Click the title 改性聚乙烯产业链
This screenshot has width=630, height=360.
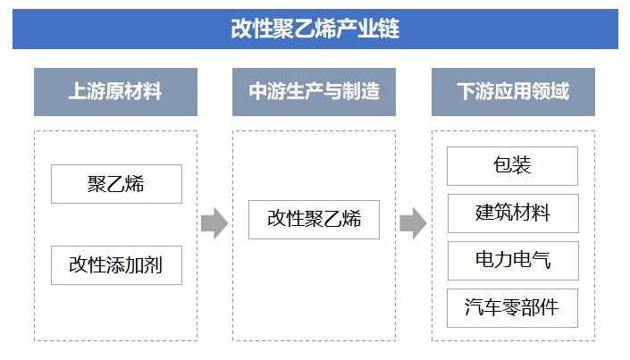(x=315, y=29)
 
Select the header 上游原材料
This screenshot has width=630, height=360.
(x=115, y=91)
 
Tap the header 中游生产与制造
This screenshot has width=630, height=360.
(x=314, y=91)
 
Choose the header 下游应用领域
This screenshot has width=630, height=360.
(x=512, y=91)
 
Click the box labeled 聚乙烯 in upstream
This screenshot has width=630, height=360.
(x=116, y=184)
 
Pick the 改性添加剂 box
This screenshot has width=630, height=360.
(x=116, y=265)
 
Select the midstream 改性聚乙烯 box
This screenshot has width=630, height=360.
(x=314, y=220)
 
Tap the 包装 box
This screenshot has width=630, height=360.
(x=512, y=165)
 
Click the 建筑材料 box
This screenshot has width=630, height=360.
(x=512, y=213)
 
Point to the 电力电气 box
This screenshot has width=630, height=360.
(x=512, y=260)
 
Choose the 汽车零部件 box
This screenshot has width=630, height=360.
(x=512, y=307)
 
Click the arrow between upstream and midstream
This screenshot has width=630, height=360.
(x=214, y=222)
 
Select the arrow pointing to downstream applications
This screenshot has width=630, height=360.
(x=412, y=222)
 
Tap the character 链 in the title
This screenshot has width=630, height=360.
(x=389, y=29)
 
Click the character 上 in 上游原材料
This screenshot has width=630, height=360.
(x=78, y=91)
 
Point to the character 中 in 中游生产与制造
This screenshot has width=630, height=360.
(x=257, y=91)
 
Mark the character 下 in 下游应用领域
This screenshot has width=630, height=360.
(x=466, y=91)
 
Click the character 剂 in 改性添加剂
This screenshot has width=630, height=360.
(x=153, y=265)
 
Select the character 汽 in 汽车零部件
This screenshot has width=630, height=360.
(x=475, y=307)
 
